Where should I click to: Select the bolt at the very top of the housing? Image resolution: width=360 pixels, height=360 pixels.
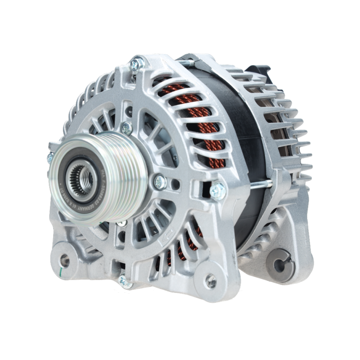(136, 64)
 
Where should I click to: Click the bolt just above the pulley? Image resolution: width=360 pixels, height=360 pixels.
(127, 128)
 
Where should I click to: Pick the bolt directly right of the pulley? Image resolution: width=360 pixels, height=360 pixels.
(160, 181)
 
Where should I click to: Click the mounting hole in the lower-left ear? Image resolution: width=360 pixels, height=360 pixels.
(64, 260)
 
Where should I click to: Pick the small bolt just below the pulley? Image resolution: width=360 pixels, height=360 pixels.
(121, 223)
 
